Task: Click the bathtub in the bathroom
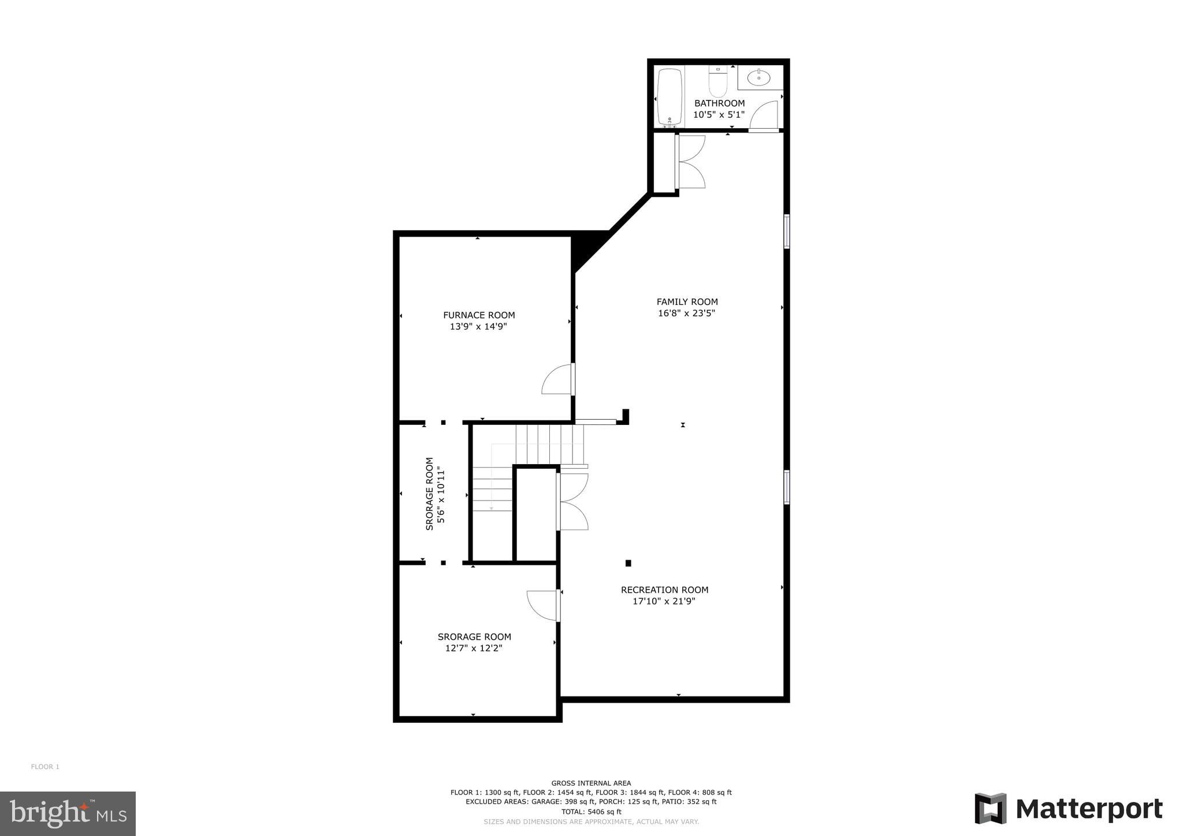(x=669, y=96)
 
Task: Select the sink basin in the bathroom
(x=758, y=77)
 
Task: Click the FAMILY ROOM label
(x=687, y=301)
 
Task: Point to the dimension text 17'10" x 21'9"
(x=664, y=601)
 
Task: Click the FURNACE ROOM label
(x=479, y=315)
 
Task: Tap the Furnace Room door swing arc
(x=556, y=380)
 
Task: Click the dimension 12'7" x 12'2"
(x=474, y=648)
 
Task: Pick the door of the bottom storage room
(x=542, y=606)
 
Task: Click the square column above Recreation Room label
(x=628, y=563)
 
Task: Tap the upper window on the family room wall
(x=786, y=232)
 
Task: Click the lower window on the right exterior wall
(x=786, y=487)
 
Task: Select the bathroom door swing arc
(x=764, y=114)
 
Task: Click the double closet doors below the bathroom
(x=691, y=162)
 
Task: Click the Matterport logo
(x=1069, y=809)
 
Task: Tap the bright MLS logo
(x=68, y=813)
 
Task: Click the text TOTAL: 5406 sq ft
(x=591, y=811)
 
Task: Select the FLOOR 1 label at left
(x=45, y=767)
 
